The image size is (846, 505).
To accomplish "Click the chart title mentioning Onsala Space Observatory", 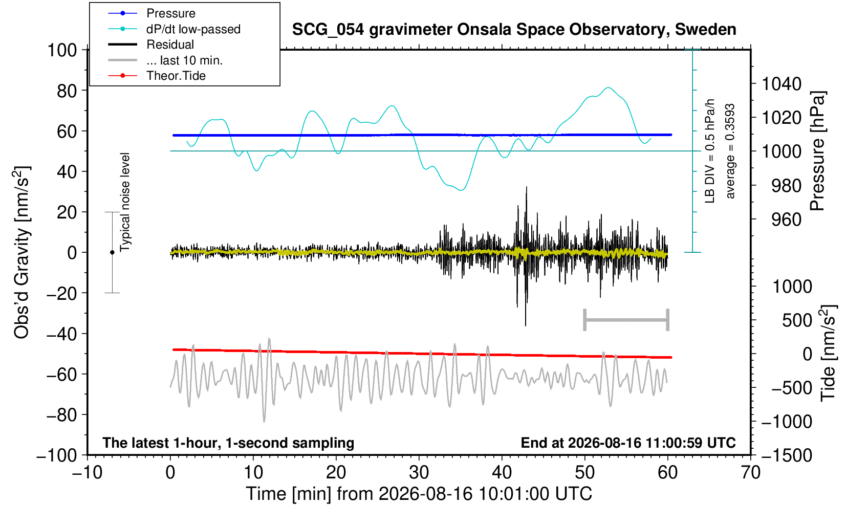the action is [x=514, y=30].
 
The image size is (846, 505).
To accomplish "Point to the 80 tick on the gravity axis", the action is [x=67, y=91].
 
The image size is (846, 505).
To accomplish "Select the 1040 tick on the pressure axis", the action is [x=782, y=83].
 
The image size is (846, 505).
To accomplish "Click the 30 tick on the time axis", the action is [x=419, y=473].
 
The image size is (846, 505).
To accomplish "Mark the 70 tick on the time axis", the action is [x=750, y=473].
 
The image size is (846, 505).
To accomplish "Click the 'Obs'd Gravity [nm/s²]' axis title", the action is [x=21, y=252].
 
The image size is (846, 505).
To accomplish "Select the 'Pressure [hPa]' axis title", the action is [x=818, y=151].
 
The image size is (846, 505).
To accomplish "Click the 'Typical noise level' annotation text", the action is [x=125, y=202].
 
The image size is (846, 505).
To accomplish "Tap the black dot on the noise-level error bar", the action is [x=112, y=252].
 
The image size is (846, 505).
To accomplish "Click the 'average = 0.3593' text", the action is [x=730, y=151].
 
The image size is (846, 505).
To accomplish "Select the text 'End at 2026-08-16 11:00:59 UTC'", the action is [x=628, y=443].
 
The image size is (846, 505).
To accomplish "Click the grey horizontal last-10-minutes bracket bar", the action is [x=626, y=320].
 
